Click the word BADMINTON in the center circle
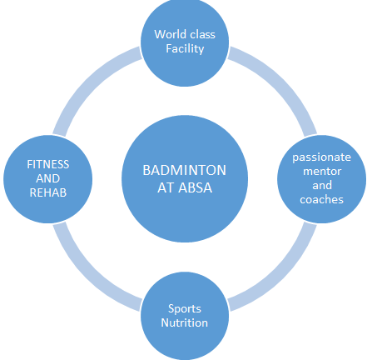[185, 170]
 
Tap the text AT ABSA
[185, 187]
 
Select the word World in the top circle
[170, 34]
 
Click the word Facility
[185, 49]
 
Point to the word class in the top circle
[203, 34]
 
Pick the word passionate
[322, 157]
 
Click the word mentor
[322, 172]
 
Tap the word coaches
[322, 199]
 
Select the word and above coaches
[322, 185]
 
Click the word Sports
[185, 309]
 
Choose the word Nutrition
[185, 322]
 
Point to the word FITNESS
[48, 164]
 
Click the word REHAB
[48, 192]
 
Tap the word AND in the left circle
[48, 178]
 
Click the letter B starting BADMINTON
[146, 170]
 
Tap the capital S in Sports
[171, 308]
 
